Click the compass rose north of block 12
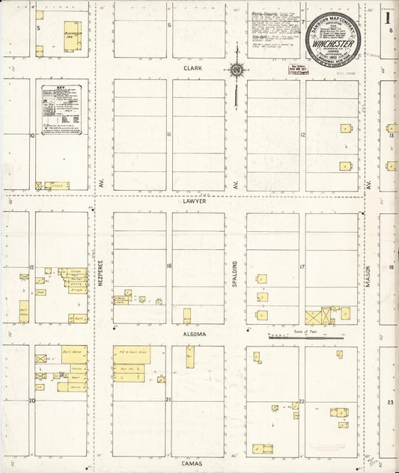pyautogui.click(x=236, y=71)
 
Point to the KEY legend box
pyautogui.click(x=63, y=109)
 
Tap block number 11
pyautogui.click(x=169, y=135)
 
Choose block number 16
pyautogui.click(x=169, y=266)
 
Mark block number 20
pyautogui.click(x=31, y=400)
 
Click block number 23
pyautogui.click(x=390, y=402)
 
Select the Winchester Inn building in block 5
pyautogui.click(x=73, y=36)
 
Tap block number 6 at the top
pyautogui.click(x=169, y=25)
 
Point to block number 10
pyautogui.click(x=32, y=135)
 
